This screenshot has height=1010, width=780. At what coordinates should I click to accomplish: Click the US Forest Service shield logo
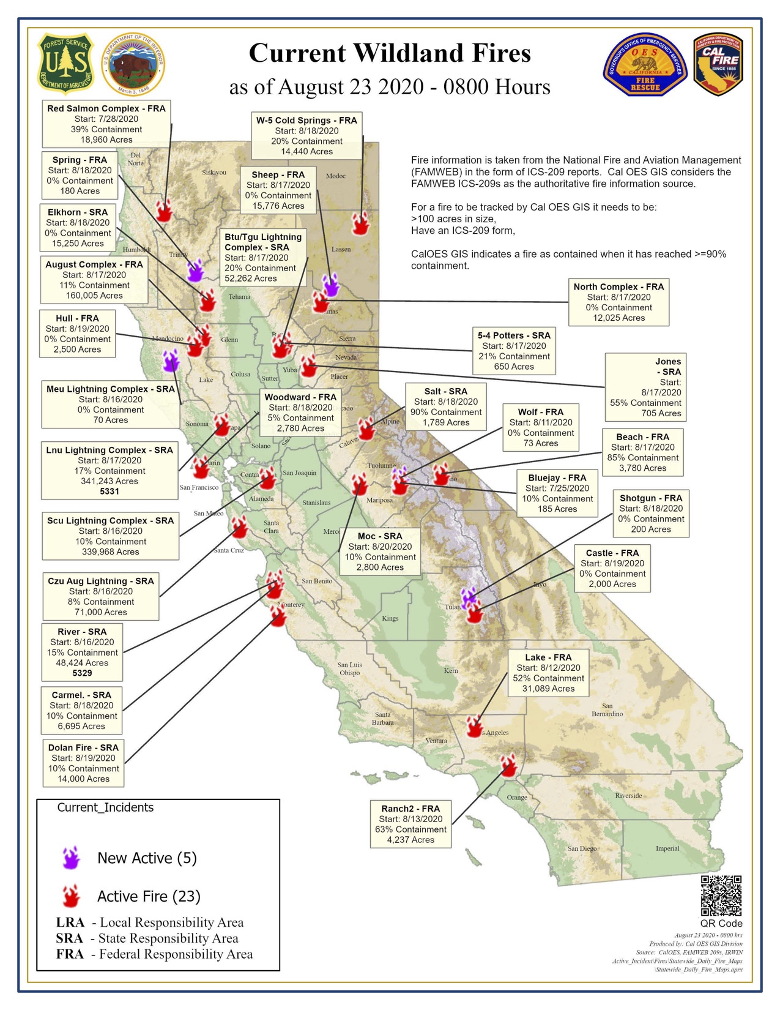(66, 64)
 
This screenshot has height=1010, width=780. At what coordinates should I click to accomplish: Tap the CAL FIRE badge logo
(718, 64)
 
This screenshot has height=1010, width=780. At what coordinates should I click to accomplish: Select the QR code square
(721, 896)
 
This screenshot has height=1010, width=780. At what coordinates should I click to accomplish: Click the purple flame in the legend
(72, 858)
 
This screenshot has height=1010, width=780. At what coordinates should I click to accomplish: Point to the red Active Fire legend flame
(72, 896)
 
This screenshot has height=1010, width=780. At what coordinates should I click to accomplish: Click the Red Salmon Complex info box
(106, 124)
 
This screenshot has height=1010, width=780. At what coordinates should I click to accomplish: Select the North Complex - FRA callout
(618, 302)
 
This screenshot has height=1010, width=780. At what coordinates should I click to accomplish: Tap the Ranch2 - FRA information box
(410, 824)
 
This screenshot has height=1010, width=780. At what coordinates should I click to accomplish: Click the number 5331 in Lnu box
(110, 491)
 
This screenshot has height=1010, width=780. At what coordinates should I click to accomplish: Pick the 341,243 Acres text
(110, 481)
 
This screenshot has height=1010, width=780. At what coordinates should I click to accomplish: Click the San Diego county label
(582, 848)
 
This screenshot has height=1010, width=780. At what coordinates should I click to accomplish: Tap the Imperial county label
(667, 848)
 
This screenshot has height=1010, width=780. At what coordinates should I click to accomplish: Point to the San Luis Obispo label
(350, 668)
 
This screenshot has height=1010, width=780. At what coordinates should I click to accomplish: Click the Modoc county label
(335, 176)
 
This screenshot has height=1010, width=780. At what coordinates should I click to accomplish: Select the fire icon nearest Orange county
(508, 765)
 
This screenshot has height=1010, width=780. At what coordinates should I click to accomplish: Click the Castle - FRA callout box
(612, 569)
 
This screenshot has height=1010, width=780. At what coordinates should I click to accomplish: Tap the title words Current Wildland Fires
(390, 54)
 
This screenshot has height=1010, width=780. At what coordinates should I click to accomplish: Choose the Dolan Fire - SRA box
(83, 763)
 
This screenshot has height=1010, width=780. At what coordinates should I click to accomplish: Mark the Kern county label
(451, 671)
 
